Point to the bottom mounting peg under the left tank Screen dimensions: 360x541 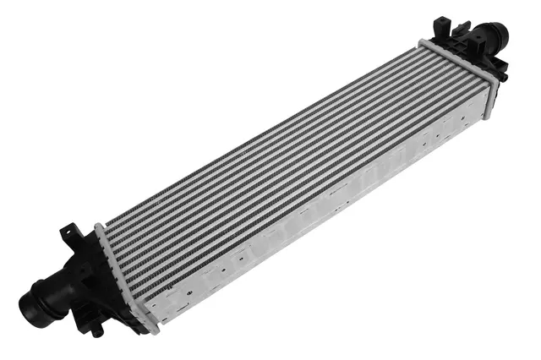point(97,330)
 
